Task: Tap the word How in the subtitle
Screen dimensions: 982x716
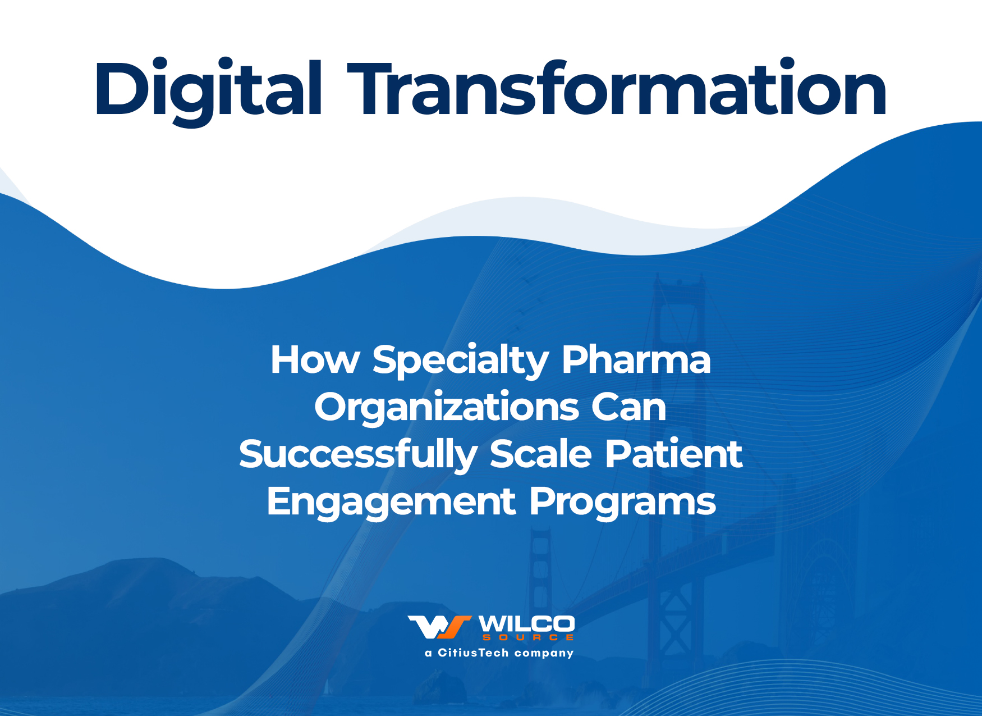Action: pyautogui.click(x=315, y=359)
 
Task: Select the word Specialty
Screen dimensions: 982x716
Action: pyautogui.click(x=461, y=361)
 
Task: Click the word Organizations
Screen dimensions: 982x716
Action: pyautogui.click(x=447, y=408)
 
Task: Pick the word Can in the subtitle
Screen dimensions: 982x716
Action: pyautogui.click(x=629, y=407)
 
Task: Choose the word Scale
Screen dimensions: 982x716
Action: pyautogui.click(x=541, y=454)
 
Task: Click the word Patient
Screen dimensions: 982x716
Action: pyautogui.click(x=673, y=454)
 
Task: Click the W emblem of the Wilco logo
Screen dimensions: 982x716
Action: pyautogui.click(x=439, y=627)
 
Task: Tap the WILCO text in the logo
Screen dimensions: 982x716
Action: pyautogui.click(x=526, y=624)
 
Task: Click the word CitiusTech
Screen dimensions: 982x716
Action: pyautogui.click(x=473, y=653)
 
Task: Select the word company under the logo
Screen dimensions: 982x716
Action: pyautogui.click(x=544, y=654)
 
